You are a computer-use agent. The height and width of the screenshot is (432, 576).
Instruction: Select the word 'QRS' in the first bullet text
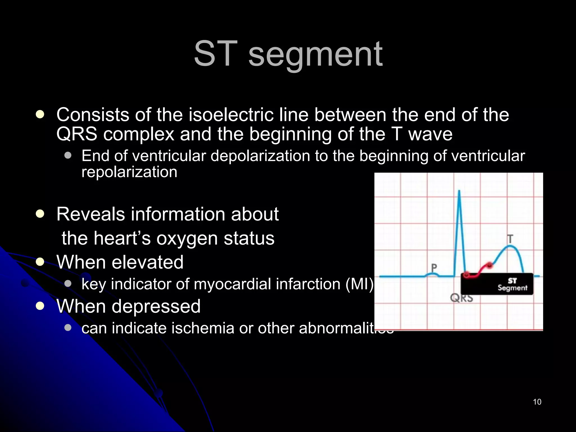(x=76, y=134)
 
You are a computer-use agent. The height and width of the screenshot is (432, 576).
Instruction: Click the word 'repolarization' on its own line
(x=129, y=172)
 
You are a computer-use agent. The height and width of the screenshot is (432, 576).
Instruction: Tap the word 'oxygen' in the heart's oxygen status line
(x=187, y=238)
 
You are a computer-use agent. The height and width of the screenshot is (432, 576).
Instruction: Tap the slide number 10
(x=537, y=402)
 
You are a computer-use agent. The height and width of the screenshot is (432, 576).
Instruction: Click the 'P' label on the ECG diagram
(x=434, y=267)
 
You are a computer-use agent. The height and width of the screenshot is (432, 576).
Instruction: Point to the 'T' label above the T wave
(x=510, y=239)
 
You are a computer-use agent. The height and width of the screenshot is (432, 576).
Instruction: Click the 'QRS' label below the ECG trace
(x=461, y=298)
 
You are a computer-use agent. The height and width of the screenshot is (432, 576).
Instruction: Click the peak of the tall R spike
(x=459, y=192)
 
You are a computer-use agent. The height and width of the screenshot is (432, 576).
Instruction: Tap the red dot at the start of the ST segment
(x=466, y=274)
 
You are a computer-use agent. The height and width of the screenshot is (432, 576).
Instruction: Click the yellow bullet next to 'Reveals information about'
(x=40, y=214)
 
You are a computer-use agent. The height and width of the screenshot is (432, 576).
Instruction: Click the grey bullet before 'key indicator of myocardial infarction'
(x=67, y=283)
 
